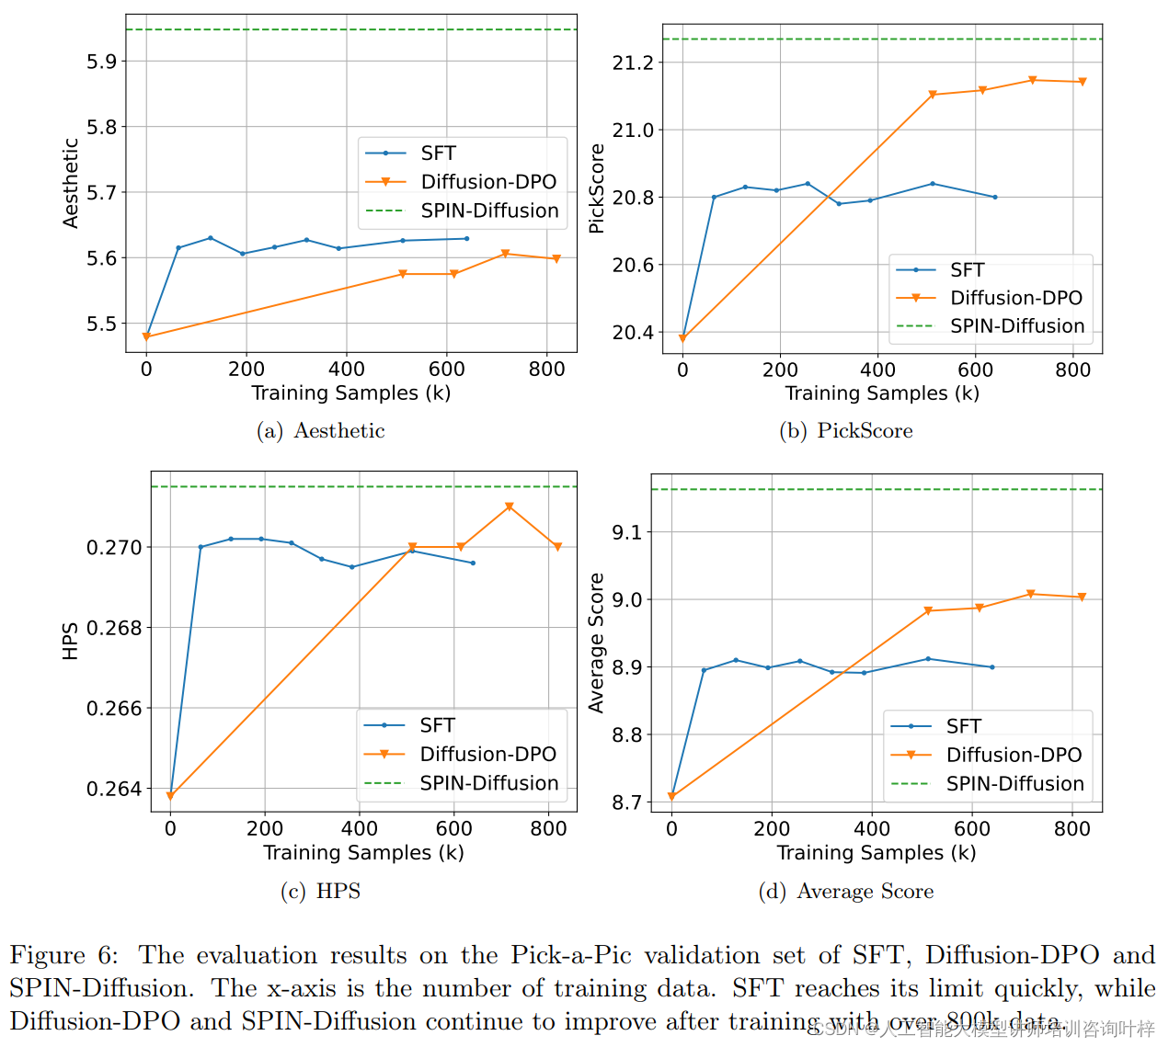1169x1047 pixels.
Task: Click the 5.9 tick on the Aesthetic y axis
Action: tap(101, 62)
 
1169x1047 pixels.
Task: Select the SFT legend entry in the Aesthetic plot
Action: tap(438, 154)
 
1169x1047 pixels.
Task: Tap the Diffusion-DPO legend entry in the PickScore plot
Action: tap(1015, 298)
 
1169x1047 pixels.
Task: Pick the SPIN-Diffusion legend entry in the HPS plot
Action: tap(488, 783)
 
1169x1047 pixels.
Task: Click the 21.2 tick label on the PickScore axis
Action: tap(633, 63)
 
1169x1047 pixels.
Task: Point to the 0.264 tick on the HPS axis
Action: tap(114, 789)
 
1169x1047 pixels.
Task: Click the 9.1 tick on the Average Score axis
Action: tap(626, 532)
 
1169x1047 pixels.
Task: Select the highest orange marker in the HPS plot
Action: tap(509, 507)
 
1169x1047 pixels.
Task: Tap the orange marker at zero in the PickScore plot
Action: tap(682, 339)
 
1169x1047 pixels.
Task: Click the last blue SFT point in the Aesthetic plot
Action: tap(467, 239)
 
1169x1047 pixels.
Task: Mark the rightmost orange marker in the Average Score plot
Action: tap(1082, 597)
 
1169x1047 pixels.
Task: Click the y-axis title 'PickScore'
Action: tap(597, 188)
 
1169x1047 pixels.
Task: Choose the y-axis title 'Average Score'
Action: tap(597, 643)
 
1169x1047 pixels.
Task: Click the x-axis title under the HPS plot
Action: tap(363, 853)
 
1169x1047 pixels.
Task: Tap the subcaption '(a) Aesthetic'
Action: tap(320, 431)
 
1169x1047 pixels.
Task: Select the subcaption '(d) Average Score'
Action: tap(845, 892)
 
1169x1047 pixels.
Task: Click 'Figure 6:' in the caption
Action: tap(63, 956)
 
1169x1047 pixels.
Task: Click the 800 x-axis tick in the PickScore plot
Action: tap(1072, 370)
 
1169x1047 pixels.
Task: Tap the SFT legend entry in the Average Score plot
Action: tap(963, 726)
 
